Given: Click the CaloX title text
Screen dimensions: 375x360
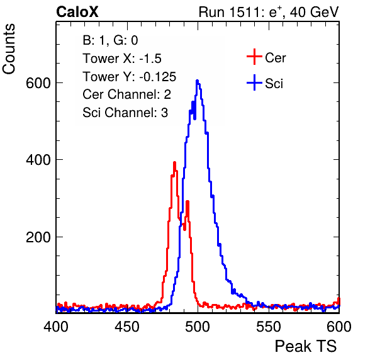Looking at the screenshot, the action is [77, 12].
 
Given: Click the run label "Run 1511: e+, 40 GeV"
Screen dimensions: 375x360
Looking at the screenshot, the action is [269, 12].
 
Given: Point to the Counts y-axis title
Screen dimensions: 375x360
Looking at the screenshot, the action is [9, 49].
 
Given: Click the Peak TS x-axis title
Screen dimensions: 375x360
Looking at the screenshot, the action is [306, 346].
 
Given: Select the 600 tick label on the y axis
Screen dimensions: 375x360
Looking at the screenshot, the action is [38, 83].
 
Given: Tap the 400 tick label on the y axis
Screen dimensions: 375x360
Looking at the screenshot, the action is [38, 160].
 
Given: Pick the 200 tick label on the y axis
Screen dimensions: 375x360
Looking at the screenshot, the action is [38, 237].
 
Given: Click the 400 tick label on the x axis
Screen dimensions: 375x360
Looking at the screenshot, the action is [56, 327].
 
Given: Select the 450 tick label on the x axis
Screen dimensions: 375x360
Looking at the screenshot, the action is [127, 327].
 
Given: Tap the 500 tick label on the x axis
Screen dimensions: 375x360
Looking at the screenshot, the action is [198, 327].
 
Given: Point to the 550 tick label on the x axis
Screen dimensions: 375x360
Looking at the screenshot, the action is [269, 327].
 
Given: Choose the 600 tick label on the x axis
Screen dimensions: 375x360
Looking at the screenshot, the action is [339, 327].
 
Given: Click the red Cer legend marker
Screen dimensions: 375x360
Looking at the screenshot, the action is [254, 57].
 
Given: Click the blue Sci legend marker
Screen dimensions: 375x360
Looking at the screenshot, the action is [254, 83].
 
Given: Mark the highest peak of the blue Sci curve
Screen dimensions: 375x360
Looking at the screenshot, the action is [197, 81].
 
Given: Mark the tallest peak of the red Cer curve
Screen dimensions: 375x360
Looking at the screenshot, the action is [174, 162].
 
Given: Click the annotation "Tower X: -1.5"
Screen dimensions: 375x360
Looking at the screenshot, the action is [122, 59].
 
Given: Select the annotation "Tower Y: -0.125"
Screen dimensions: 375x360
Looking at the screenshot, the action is [130, 77].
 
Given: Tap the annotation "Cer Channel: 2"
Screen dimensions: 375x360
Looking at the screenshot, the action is [126, 94].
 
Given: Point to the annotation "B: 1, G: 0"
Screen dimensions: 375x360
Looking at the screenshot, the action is [110, 40].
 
